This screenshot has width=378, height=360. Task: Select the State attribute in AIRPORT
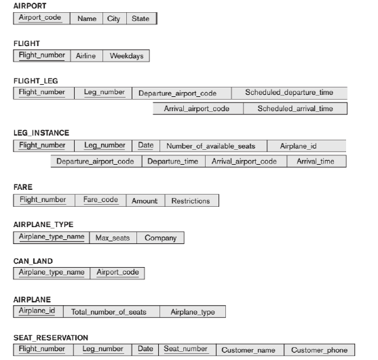tap(140, 19)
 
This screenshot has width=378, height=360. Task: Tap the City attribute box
tap(113, 19)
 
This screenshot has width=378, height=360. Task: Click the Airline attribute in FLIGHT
tap(86, 56)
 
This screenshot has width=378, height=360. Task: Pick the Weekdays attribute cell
tap(126, 56)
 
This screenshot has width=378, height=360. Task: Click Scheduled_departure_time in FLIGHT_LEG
tap(289, 92)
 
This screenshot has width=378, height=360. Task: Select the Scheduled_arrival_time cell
tap(295, 108)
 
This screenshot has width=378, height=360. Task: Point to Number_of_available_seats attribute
tap(211, 146)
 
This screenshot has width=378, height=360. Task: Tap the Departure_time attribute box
tap(172, 161)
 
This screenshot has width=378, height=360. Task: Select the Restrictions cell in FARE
tap(191, 201)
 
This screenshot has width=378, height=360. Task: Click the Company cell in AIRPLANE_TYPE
tap(160, 238)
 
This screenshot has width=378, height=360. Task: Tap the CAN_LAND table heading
tap(33, 261)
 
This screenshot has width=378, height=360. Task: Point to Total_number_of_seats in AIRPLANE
tap(111, 312)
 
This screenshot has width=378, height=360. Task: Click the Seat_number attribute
tap(185, 348)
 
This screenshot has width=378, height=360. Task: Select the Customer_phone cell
tap(319, 350)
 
